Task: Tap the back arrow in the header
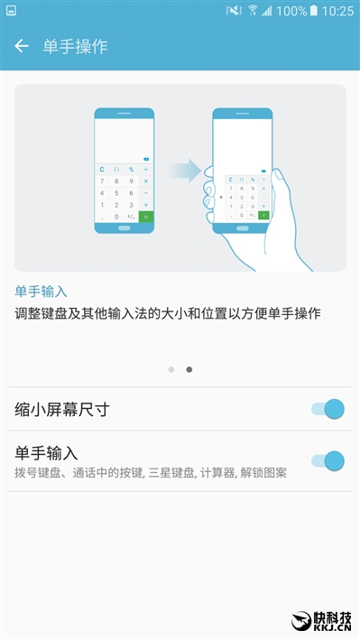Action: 22,46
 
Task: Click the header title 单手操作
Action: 75,46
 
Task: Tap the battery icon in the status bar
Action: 313,11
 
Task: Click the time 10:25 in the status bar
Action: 337,11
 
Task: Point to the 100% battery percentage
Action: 290,11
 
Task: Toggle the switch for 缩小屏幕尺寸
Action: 328,409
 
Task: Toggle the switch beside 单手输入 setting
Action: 328,461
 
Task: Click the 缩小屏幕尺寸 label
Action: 62,409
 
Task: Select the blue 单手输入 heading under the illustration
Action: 42,292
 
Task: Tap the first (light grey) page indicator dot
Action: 171,369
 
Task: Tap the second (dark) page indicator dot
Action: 189,369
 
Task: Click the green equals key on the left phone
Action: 145,217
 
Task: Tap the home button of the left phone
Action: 125,227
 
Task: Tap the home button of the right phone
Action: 242,227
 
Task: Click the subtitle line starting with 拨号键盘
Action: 151,472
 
